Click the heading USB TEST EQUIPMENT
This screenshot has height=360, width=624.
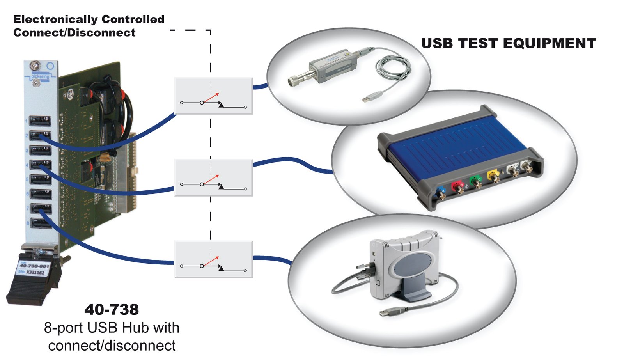tap(508, 43)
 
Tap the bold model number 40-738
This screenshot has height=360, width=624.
tap(112, 310)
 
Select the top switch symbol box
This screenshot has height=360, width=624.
tap(213, 96)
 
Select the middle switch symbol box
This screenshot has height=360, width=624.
tap(213, 177)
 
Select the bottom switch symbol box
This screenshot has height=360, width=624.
tap(213, 259)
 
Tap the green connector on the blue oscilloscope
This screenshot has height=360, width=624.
tap(475, 181)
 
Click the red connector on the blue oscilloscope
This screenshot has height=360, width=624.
tap(456, 186)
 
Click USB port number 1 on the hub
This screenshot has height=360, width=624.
tap(41, 121)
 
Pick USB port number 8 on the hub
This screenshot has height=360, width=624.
tap(41, 223)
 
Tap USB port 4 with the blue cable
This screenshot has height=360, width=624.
tap(40, 165)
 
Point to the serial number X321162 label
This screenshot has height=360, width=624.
tap(35, 272)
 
